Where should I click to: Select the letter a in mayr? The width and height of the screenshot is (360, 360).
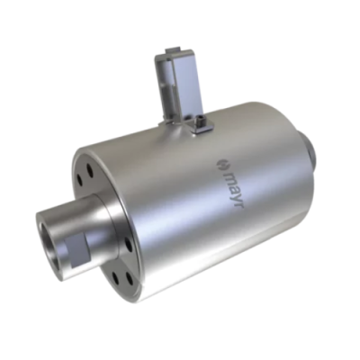pos(231,186)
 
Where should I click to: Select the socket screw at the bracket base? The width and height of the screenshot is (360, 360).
pos(199,122)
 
